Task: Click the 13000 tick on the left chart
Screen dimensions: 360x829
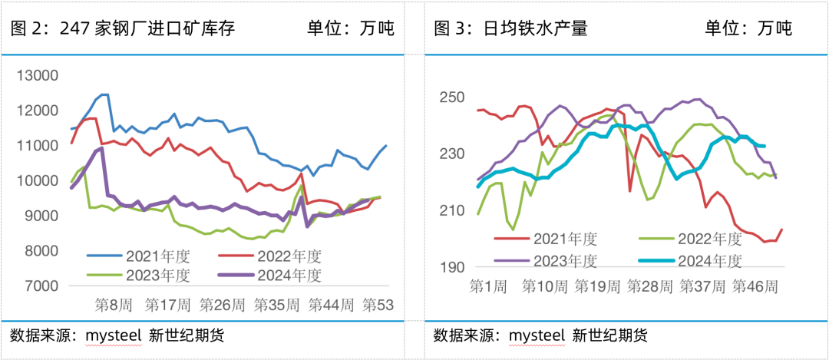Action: pyautogui.click(x=38, y=75)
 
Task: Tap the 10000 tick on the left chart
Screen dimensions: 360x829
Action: pyautogui.click(x=38, y=180)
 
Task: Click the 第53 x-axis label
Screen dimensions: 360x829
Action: pyautogui.click(x=378, y=305)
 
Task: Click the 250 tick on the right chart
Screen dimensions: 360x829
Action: pyautogui.click(x=452, y=98)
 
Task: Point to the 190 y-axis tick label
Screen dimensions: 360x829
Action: pyautogui.click(x=452, y=267)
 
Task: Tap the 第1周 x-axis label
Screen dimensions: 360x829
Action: pyautogui.click(x=487, y=286)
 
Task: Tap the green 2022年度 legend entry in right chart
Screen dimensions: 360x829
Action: pyautogui.click(x=694, y=239)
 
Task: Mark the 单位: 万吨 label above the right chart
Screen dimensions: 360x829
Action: pyautogui.click(x=748, y=29)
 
